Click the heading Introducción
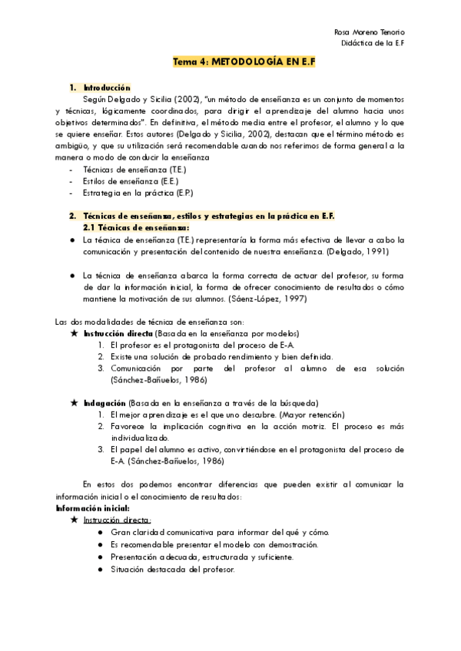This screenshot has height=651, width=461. click(x=107, y=88)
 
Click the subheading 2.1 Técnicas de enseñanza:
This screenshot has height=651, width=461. click(x=135, y=227)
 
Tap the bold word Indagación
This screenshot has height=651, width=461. click(x=104, y=403)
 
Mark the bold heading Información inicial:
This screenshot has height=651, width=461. click(x=93, y=509)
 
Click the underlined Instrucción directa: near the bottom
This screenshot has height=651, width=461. click(x=118, y=520)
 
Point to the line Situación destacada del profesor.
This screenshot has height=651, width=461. click(x=172, y=569)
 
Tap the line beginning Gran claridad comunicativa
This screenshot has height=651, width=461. click(x=208, y=531)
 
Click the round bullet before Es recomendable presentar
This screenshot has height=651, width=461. click(x=101, y=544)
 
